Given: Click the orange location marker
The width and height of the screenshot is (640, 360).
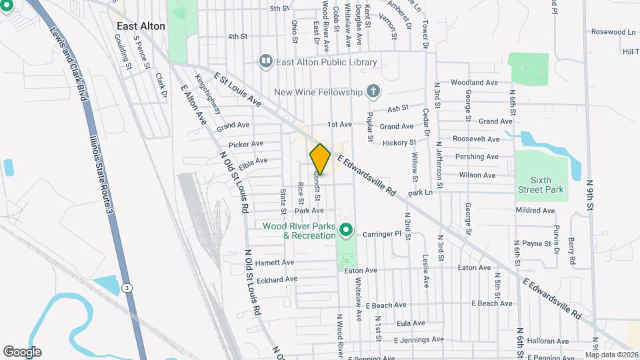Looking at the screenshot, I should pos(320,159).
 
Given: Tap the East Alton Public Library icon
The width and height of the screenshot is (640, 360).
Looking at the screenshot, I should pos(266,62).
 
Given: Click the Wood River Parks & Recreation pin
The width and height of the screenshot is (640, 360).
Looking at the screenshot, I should pos(345,231).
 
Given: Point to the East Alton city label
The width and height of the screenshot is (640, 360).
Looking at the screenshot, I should pos(141,26).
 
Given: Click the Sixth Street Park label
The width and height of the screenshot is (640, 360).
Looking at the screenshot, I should pos(541,185).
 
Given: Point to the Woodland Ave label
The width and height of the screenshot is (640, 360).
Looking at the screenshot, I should pos(474,83).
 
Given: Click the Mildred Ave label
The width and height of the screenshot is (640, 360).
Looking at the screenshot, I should pos(535,211).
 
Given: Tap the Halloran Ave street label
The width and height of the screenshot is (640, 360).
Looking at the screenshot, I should pos(545,340).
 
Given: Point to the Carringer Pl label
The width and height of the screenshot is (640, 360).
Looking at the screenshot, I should pos(381,234).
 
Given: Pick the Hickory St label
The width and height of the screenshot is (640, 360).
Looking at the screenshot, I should pos(399,143).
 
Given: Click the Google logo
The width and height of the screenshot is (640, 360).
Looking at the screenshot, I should pos(22,352).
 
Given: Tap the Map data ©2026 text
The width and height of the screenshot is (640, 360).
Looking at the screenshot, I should pos(612,355).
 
